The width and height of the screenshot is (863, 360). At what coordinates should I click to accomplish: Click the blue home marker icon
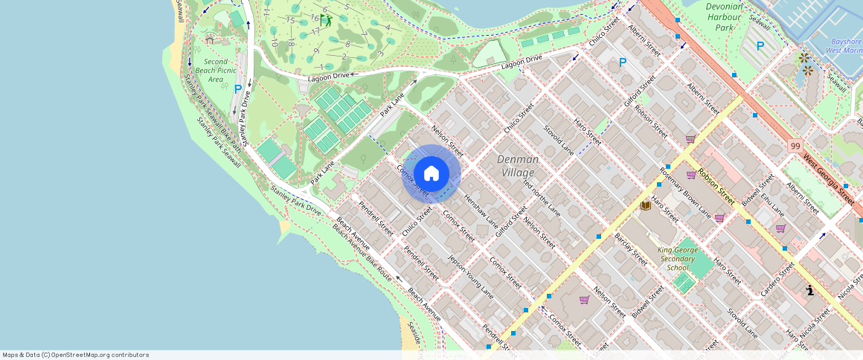(x=431, y=174)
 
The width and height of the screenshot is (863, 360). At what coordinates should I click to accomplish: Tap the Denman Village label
(x=518, y=166)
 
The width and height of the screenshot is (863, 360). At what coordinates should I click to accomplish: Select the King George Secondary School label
(x=678, y=259)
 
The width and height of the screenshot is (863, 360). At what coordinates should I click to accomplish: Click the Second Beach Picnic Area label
(x=216, y=71)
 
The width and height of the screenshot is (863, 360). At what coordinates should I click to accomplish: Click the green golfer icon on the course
(x=326, y=20)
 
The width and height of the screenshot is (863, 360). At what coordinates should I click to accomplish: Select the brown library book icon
(x=646, y=205)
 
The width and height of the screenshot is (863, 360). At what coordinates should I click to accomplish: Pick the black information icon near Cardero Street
(x=809, y=290)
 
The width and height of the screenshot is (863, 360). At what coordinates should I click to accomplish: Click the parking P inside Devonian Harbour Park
(x=760, y=46)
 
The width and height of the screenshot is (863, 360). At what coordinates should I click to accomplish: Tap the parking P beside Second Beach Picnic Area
(x=238, y=89)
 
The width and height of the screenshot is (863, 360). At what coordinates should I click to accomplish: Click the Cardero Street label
(x=778, y=280)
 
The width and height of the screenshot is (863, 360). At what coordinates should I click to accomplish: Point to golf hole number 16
(x=315, y=18)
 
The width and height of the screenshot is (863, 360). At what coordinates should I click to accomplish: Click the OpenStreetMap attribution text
(x=76, y=355)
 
